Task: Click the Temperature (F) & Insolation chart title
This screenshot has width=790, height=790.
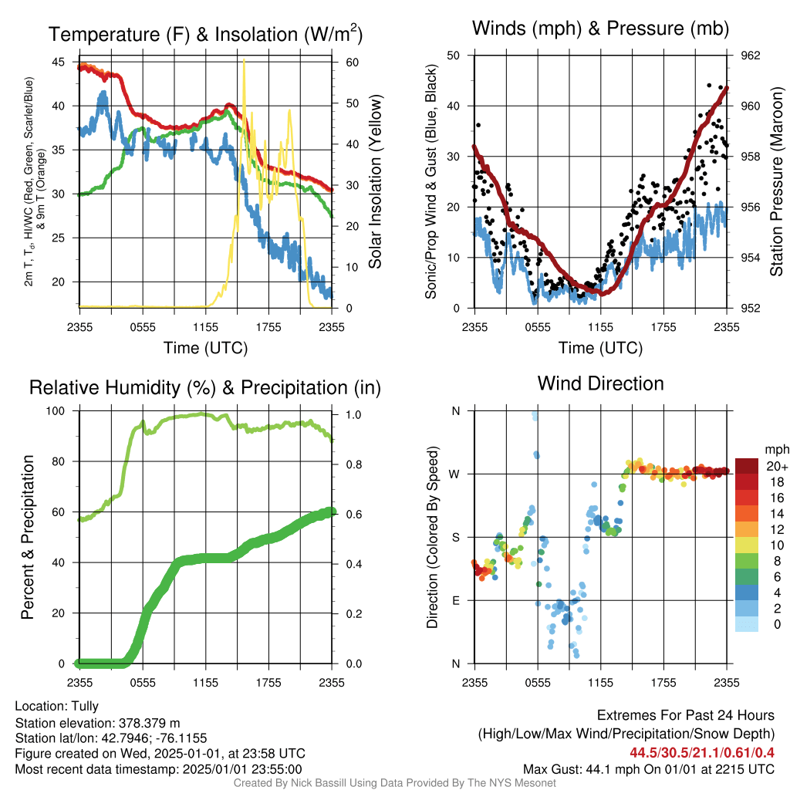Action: click(x=205, y=34)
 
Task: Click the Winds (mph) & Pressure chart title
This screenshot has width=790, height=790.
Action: click(x=600, y=29)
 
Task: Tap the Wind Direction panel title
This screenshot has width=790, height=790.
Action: click(x=600, y=383)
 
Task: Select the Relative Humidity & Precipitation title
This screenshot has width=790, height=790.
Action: click(x=205, y=387)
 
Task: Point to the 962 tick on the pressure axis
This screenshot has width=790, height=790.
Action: click(x=750, y=56)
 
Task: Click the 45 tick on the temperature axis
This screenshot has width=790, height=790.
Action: click(x=59, y=62)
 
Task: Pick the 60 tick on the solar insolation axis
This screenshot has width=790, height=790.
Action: click(x=352, y=62)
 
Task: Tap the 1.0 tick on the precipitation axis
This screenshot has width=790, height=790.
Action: click(x=353, y=414)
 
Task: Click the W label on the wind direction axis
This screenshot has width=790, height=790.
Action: click(x=454, y=474)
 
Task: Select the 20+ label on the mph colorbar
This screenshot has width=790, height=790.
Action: click(x=777, y=467)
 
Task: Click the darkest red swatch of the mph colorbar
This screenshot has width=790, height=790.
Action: click(x=747, y=466)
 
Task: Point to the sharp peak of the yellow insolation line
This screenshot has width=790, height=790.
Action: click(x=245, y=60)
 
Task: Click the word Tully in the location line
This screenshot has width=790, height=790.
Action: click(x=85, y=706)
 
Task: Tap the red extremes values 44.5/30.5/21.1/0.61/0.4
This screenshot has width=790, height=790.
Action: click(x=702, y=753)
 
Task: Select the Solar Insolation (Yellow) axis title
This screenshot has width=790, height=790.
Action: click(x=375, y=181)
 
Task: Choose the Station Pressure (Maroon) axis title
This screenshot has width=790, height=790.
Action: click(x=776, y=181)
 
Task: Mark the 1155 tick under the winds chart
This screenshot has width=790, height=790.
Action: click(x=600, y=327)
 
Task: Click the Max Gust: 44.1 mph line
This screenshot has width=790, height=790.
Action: click(x=648, y=769)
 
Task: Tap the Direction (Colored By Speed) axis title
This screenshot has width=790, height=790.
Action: click(x=432, y=537)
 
